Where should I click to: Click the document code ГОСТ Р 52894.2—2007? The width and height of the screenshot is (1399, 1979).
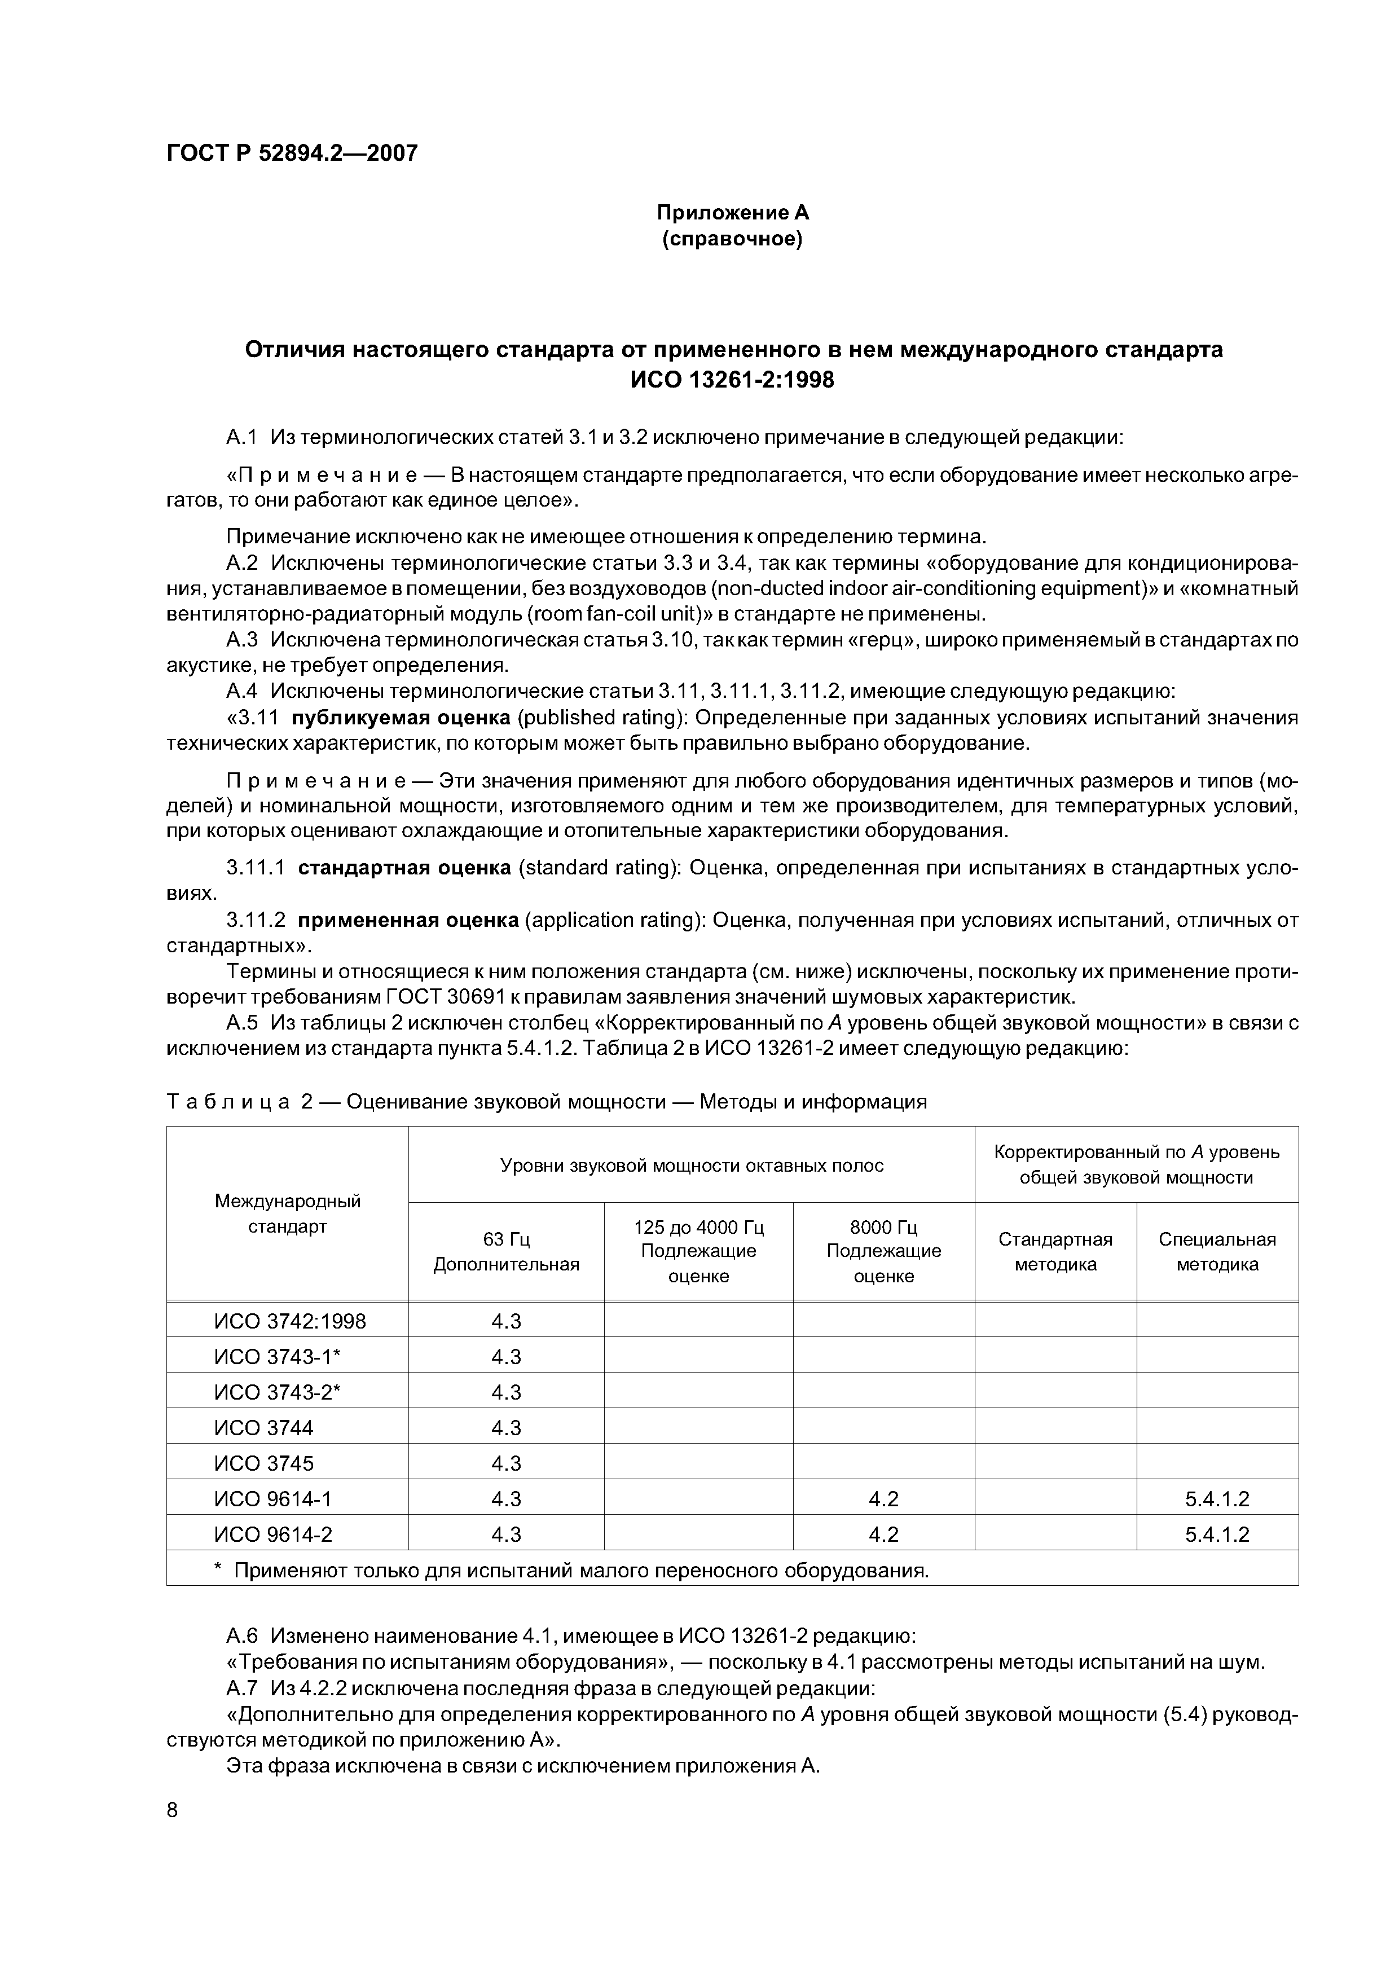tap(291, 153)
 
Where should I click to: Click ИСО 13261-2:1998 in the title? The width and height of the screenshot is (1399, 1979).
tap(733, 379)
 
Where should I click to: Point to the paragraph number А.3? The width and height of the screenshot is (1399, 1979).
tap(242, 640)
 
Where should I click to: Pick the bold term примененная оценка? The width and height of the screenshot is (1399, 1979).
tap(408, 921)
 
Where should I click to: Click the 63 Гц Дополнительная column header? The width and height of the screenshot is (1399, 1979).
tap(506, 1251)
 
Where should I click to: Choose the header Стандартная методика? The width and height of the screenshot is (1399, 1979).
tap(1055, 1251)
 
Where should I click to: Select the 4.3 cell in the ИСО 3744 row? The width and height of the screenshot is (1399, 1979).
tap(506, 1427)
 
